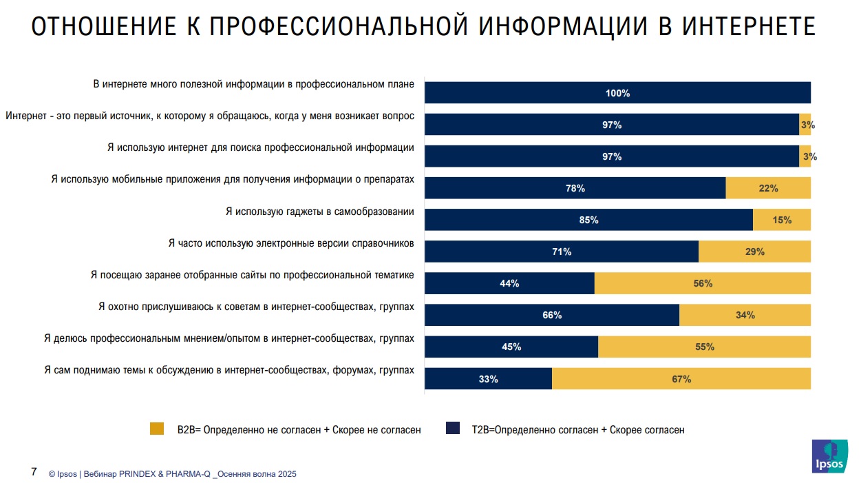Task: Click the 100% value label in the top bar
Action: (x=617, y=93)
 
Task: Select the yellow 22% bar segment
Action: (x=768, y=188)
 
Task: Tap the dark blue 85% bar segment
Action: (x=588, y=220)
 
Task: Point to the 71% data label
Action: (x=562, y=251)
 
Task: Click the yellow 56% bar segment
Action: (x=702, y=283)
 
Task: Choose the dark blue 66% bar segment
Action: (x=552, y=315)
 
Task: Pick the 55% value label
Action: (x=705, y=347)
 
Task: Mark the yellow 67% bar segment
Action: (x=681, y=378)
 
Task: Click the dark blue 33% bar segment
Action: (x=488, y=378)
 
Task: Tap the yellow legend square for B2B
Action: (x=157, y=429)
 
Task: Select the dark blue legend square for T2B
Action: (x=452, y=429)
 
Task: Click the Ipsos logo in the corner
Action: (x=829, y=456)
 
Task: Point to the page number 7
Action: (x=34, y=473)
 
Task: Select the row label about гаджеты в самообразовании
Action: (x=320, y=212)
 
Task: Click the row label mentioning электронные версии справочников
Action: (x=291, y=243)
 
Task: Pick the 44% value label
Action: (x=509, y=283)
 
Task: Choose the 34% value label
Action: (x=745, y=315)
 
